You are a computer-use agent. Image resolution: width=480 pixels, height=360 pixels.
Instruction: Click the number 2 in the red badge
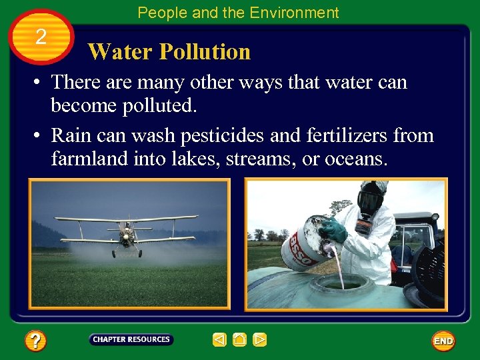pyautogui.click(x=41, y=37)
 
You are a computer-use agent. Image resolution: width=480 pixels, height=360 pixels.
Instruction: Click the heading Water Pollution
pyautogui.click(x=169, y=51)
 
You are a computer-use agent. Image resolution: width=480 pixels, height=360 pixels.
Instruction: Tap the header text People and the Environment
pyautogui.click(x=238, y=12)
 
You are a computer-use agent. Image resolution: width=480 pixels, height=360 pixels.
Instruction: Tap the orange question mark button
pyautogui.click(x=35, y=341)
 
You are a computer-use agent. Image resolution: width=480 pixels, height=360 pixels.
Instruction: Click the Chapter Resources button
pyautogui.click(x=131, y=339)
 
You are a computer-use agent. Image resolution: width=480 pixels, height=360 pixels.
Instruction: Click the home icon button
pyautogui.click(x=240, y=340)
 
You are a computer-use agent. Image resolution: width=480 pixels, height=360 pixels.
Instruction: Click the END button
pyautogui.click(x=443, y=341)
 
